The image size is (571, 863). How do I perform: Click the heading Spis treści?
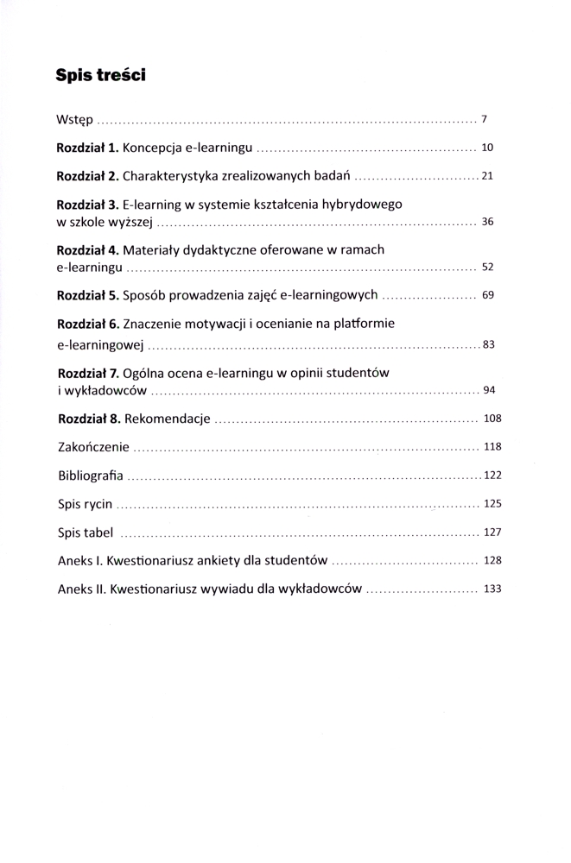(x=100, y=75)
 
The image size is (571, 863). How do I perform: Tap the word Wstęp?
(x=74, y=119)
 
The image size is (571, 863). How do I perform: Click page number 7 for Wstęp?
(x=485, y=118)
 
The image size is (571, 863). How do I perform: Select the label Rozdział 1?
(x=87, y=148)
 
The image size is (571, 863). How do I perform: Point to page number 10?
(x=487, y=148)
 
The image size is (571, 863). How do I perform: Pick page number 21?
(x=487, y=177)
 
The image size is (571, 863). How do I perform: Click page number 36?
(x=487, y=222)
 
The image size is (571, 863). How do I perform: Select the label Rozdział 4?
(x=88, y=250)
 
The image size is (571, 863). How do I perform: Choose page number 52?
(x=487, y=268)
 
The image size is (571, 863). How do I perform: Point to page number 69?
(x=487, y=295)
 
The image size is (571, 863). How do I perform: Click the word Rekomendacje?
(x=168, y=419)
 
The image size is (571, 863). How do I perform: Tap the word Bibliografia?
(x=91, y=476)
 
